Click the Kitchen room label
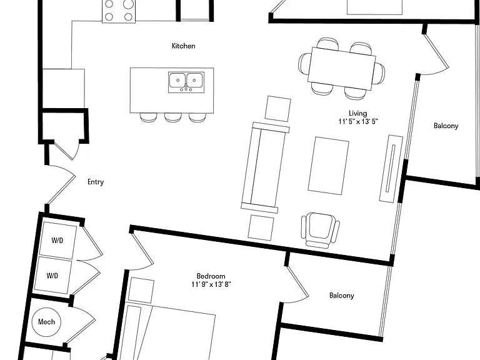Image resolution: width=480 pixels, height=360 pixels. coord(183,46)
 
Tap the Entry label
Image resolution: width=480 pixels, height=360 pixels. coord(96,182)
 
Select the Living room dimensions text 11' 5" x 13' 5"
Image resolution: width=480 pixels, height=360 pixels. coord(358,121)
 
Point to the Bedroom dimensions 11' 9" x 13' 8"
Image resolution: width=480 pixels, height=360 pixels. coord(211,284)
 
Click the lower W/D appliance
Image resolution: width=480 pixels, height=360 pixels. coord(53,275)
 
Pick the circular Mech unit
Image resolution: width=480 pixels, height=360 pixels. coord(46,322)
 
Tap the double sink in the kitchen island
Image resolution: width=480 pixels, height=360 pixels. coord(186,82)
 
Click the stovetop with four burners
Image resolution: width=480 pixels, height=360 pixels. coord(119,11)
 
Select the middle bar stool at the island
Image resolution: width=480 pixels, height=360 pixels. coord(173,117)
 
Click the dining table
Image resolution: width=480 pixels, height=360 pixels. coord(342,68)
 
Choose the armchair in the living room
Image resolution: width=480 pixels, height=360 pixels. coord(321,230)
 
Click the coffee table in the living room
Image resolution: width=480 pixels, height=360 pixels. coord(329,166)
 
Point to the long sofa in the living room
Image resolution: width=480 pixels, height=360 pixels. coord(265,167)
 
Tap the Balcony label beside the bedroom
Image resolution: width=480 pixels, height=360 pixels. coord(342,296)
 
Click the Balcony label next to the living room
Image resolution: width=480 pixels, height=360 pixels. coord(446,126)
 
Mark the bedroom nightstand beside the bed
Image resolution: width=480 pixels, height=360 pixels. coord(141,290)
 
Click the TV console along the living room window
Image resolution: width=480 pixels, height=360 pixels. coord(391,168)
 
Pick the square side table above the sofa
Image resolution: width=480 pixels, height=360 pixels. coord(277,108)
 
